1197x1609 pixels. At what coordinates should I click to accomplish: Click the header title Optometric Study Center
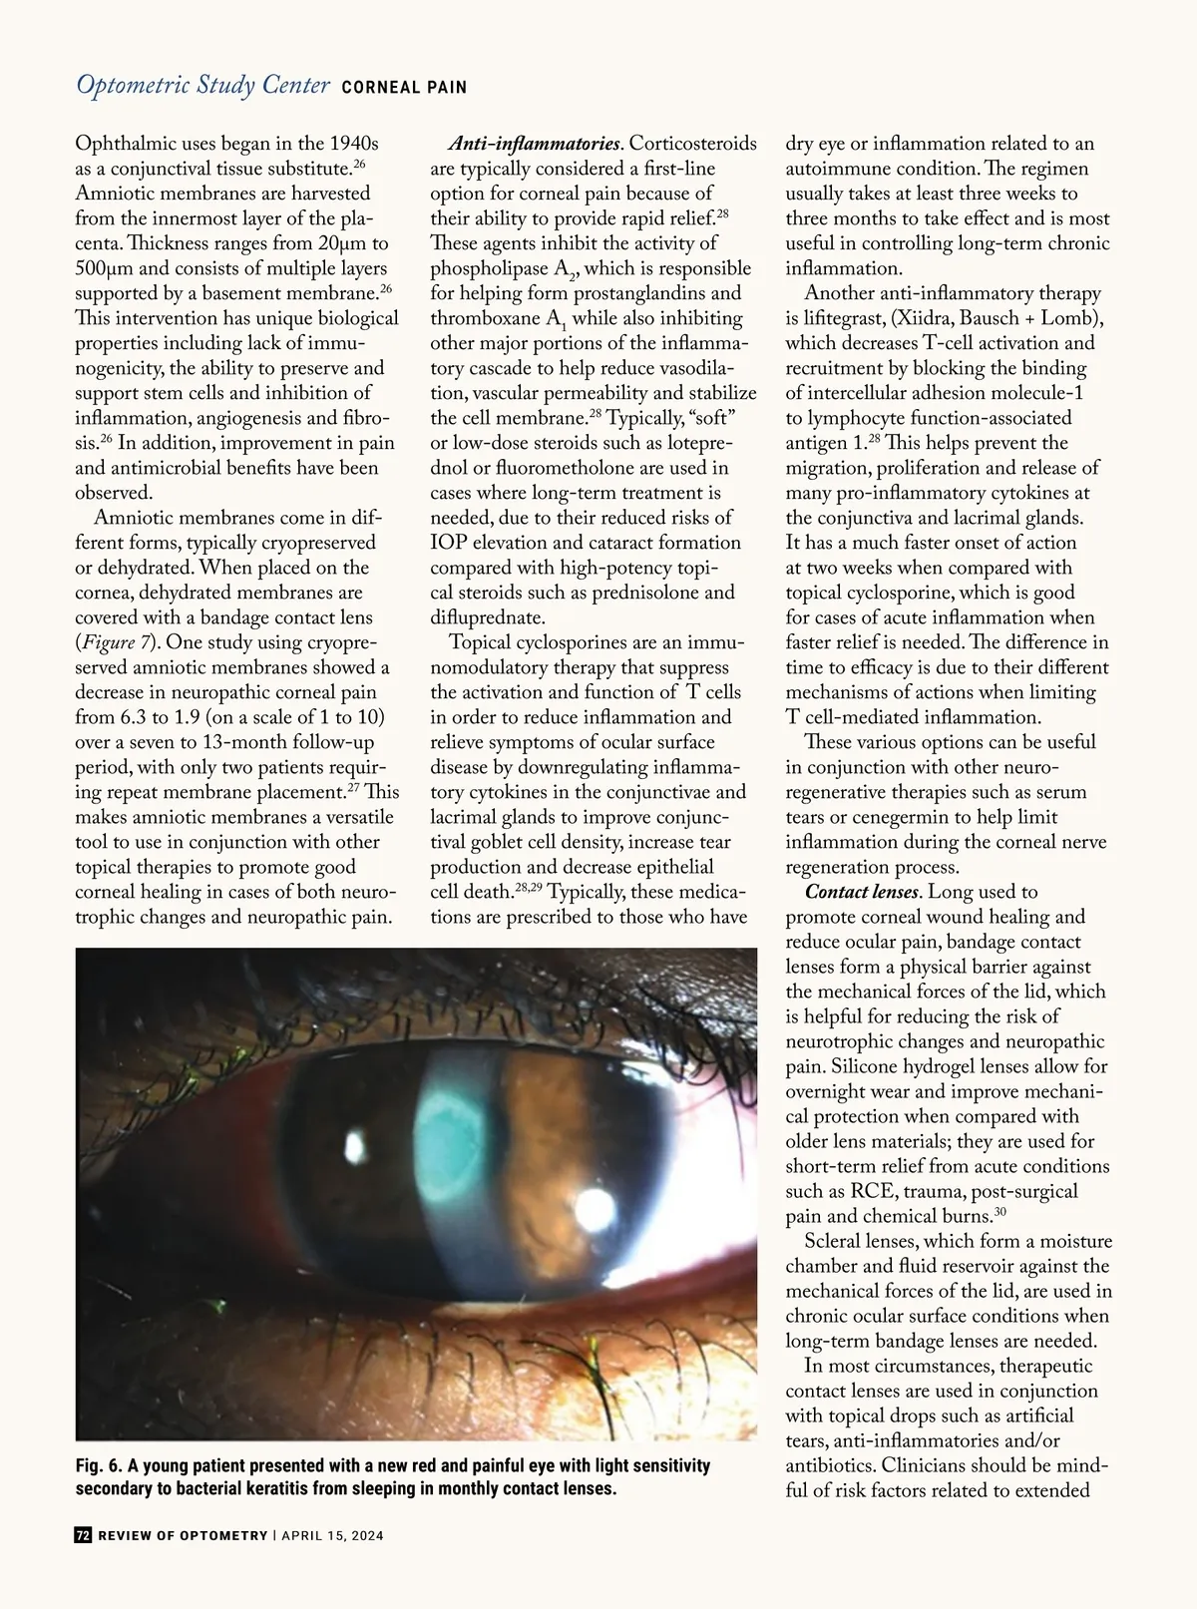(x=202, y=86)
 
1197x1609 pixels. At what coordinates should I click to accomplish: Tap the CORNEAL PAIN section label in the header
(x=404, y=88)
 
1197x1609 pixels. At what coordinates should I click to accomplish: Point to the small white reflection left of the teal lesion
(x=355, y=1146)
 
